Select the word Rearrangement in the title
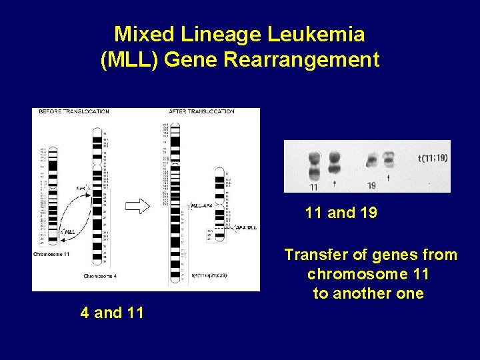click(x=301, y=60)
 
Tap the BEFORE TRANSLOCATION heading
click(x=73, y=111)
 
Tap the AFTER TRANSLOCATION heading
click(x=201, y=111)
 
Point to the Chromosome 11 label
click(x=51, y=254)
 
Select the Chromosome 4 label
click(x=100, y=275)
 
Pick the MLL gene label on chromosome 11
click(x=67, y=231)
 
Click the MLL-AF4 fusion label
click(x=202, y=206)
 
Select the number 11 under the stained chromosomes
click(x=314, y=187)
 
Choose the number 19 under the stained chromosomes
click(x=372, y=185)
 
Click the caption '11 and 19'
click(x=341, y=213)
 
